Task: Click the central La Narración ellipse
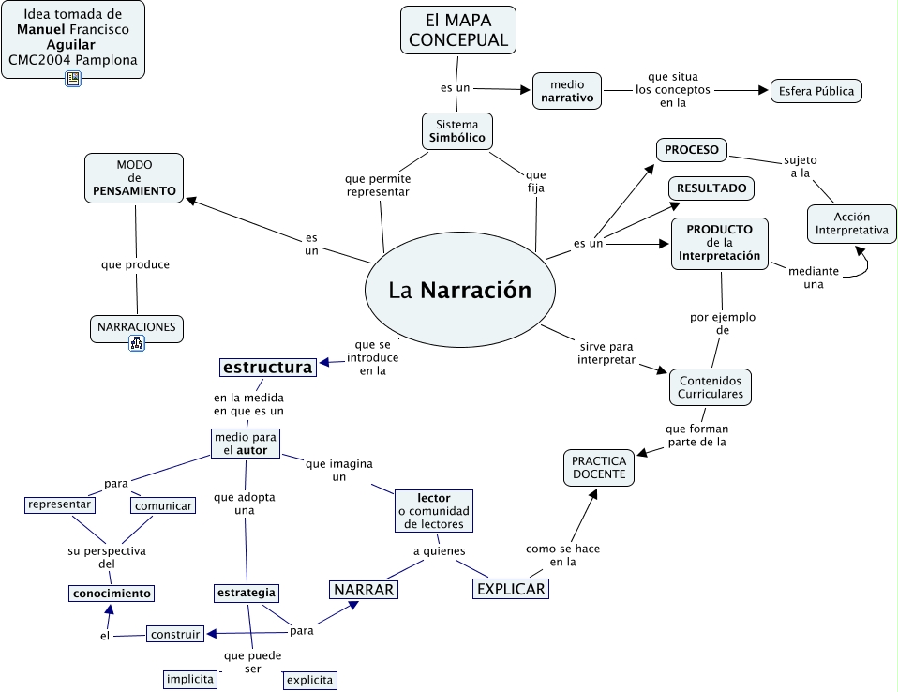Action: (x=459, y=291)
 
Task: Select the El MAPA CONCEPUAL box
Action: (x=458, y=30)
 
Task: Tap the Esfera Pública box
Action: (x=815, y=91)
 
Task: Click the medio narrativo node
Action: (x=567, y=90)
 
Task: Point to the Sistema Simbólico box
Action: (x=456, y=131)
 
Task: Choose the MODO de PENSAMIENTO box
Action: (x=134, y=177)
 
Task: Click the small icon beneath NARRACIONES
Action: (x=137, y=344)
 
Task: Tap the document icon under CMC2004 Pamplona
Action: (x=73, y=80)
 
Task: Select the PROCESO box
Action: (x=691, y=150)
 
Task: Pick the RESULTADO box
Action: (x=711, y=188)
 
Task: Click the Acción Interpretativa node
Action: (x=851, y=223)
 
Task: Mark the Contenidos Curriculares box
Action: (x=710, y=387)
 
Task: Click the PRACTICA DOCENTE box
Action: (x=598, y=468)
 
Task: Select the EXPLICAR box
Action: (x=510, y=589)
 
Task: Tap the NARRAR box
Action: (x=363, y=589)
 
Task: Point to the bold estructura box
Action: (x=267, y=368)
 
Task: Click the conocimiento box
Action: (x=111, y=593)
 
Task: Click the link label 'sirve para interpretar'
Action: (x=606, y=354)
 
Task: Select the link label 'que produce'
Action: (x=135, y=264)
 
